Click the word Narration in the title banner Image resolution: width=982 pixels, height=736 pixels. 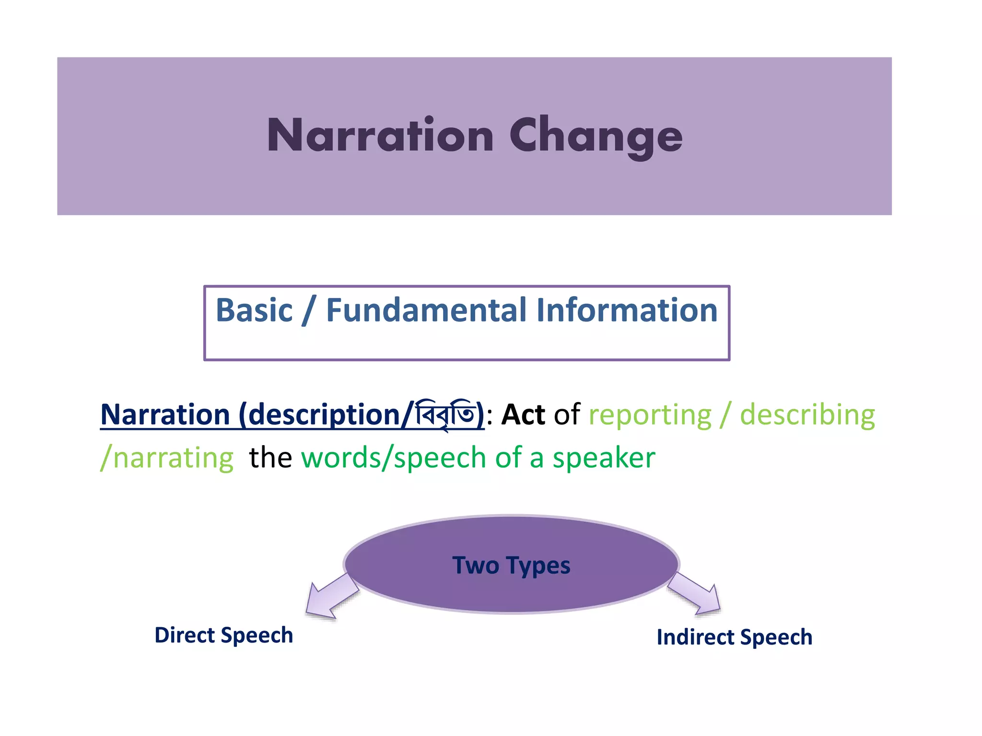click(380, 136)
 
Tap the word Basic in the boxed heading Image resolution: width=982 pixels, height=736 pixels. click(254, 310)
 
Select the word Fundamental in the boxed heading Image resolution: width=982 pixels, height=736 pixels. click(426, 310)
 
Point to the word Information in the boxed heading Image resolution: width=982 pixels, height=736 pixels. click(626, 310)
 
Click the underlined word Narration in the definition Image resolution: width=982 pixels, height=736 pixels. click(165, 415)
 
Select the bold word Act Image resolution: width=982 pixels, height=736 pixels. click(523, 415)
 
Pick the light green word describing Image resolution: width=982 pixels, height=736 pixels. click(807, 415)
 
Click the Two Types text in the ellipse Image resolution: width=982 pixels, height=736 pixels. click(511, 565)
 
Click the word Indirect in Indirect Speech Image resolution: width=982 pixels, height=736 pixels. click(695, 637)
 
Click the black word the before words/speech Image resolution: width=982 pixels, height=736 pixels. click(270, 458)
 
